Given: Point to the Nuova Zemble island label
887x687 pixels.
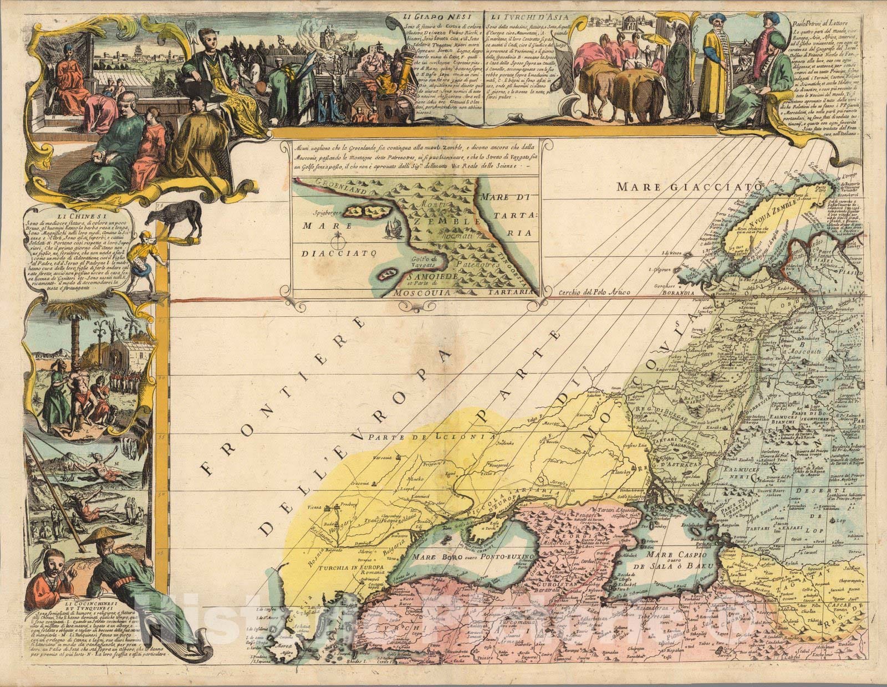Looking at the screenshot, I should pyautogui.click(x=776, y=212).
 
